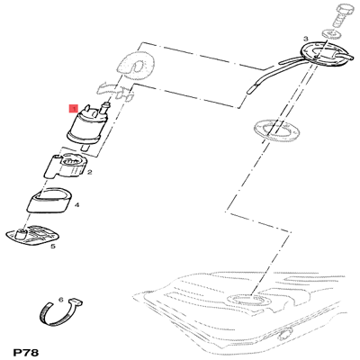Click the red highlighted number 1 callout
pyautogui.click(x=73, y=109)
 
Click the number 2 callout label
pyautogui.click(x=89, y=172)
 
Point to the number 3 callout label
pyautogui.click(x=305, y=39)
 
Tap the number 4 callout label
pyautogui.click(x=77, y=205)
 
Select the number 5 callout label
pyautogui.click(x=53, y=247)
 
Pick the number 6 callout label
pyautogui.click(x=61, y=300)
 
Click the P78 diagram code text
pyautogui.click(x=26, y=353)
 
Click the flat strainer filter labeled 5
pyautogui.click(x=33, y=236)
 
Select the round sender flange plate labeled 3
pyautogui.click(x=323, y=54)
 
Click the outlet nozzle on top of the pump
pyautogui.click(x=105, y=108)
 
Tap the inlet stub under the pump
pyautogui.click(x=85, y=147)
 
